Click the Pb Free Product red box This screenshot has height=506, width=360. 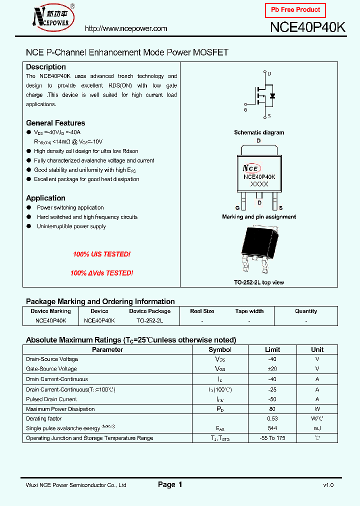point(295,10)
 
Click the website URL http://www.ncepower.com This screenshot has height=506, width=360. point(126,28)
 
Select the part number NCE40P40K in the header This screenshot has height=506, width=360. point(307,28)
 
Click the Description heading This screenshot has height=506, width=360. point(46,67)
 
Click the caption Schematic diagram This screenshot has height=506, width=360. point(259,132)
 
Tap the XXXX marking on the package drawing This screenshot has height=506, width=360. point(259,184)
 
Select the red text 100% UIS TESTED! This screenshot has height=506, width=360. point(101,254)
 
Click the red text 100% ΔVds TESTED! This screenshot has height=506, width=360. point(101,273)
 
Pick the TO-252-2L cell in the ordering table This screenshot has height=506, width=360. point(149,320)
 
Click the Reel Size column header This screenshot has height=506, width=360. point(202,311)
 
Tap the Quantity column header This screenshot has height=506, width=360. point(306,311)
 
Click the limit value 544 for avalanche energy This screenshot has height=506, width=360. point(272,428)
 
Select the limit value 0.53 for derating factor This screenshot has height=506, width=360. point(272,418)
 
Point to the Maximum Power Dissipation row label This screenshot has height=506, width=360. point(60,409)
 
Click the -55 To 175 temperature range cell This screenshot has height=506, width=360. point(272,438)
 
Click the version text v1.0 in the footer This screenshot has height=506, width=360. point(328,485)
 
